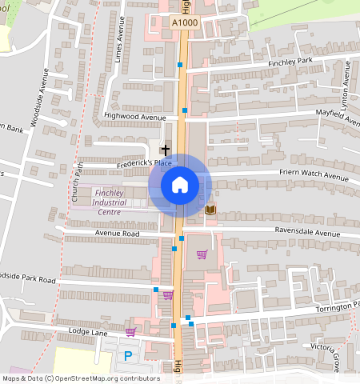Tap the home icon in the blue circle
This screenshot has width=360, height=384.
click(180, 186)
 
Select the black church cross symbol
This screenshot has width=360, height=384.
click(166, 150)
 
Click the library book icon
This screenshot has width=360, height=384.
click(210, 210)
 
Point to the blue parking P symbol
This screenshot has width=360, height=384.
click(127, 354)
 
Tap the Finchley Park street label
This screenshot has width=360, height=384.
click(290, 62)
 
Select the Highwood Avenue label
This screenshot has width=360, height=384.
click(134, 117)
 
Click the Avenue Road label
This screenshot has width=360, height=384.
click(118, 234)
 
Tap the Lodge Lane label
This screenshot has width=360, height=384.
click(87, 331)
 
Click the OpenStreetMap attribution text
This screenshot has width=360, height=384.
click(81, 378)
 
